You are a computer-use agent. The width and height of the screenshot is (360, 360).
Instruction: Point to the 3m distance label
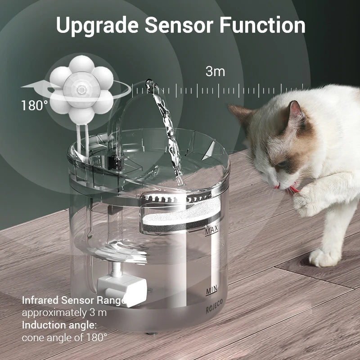tap(215, 71)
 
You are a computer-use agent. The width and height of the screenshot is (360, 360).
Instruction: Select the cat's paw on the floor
tap(323, 257)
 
